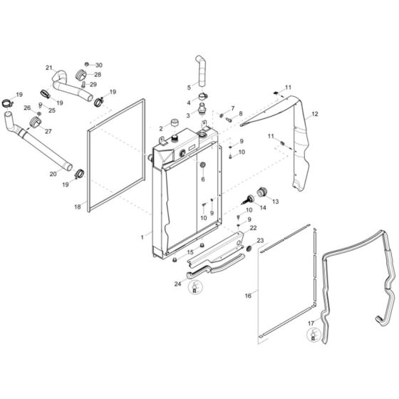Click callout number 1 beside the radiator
point(143,234)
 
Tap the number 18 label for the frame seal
point(78,207)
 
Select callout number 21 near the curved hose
point(49,68)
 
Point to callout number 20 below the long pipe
point(53,173)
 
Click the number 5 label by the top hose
point(189,87)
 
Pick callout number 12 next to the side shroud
point(315,114)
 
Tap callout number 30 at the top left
point(99,65)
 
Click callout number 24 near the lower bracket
point(177,283)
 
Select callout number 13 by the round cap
point(276,202)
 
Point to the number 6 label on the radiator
point(202,180)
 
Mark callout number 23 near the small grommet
point(260,240)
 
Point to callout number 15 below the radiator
point(190,252)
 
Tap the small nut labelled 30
point(87,64)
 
